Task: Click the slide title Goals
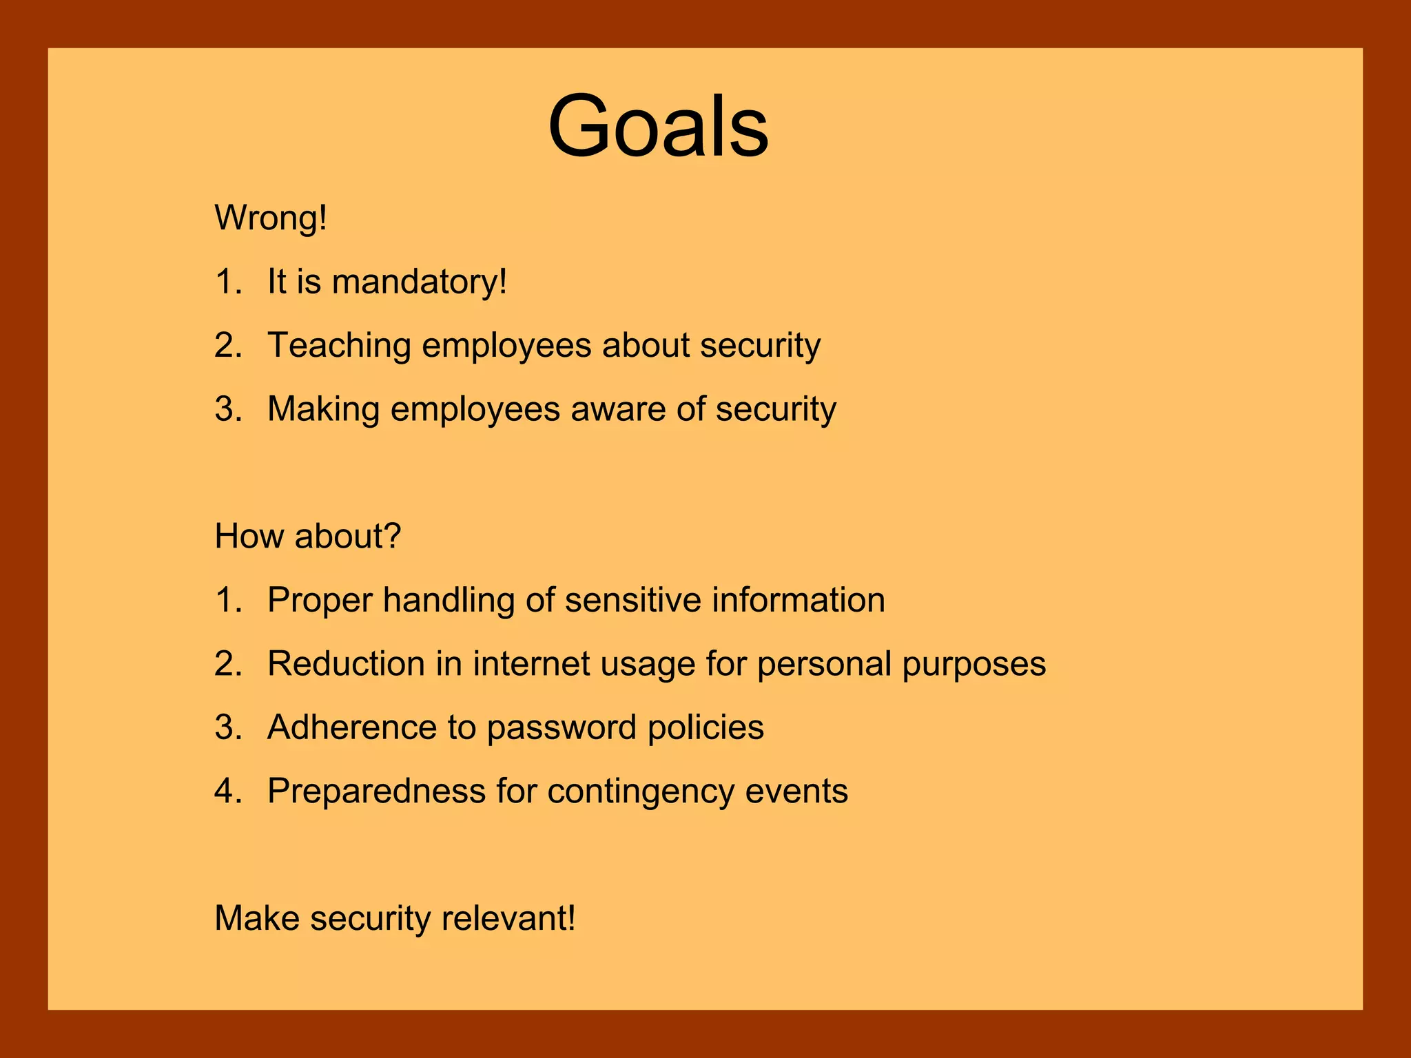click(x=658, y=127)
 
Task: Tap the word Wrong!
click(x=271, y=218)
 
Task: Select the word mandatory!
click(x=419, y=282)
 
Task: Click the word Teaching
click(x=339, y=346)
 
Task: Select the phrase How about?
click(x=307, y=536)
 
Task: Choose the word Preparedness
click(x=376, y=791)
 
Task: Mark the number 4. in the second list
click(x=228, y=791)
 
